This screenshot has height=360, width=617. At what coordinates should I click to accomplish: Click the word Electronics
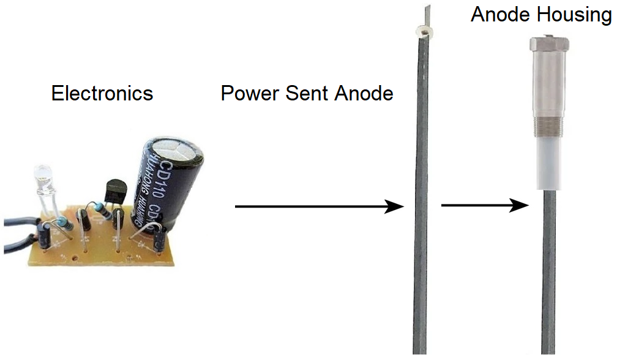[x=102, y=94]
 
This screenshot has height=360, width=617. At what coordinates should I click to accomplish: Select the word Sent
[x=306, y=94]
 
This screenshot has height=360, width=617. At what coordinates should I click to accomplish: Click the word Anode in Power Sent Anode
[x=364, y=94]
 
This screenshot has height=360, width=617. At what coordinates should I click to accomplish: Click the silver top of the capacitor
[x=176, y=149]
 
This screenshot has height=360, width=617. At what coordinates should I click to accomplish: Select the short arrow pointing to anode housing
[x=484, y=205]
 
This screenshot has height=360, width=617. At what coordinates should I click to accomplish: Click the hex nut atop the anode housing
[x=549, y=44]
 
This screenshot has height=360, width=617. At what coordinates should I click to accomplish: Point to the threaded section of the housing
[x=549, y=125]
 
